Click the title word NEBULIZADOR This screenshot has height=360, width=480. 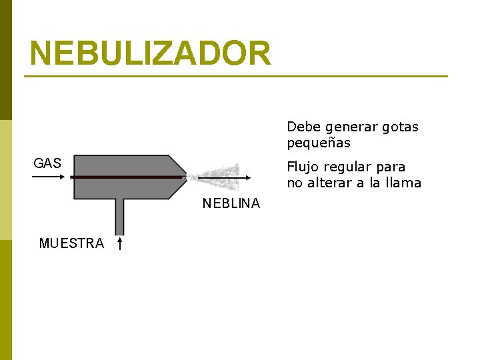[x=151, y=53]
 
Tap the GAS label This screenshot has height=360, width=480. [x=47, y=163]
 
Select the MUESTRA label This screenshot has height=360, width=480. [x=71, y=243]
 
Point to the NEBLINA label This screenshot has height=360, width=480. [x=231, y=204]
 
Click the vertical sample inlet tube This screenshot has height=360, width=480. [x=119, y=216]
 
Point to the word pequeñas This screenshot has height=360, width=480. [x=319, y=143]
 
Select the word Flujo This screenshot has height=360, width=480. [x=304, y=167]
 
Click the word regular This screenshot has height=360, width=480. [x=349, y=167]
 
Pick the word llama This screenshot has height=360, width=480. [x=403, y=183]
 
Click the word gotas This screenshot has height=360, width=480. [x=400, y=127]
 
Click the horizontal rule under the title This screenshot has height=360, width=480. [x=236, y=77]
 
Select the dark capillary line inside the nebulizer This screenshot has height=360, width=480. [x=127, y=177]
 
